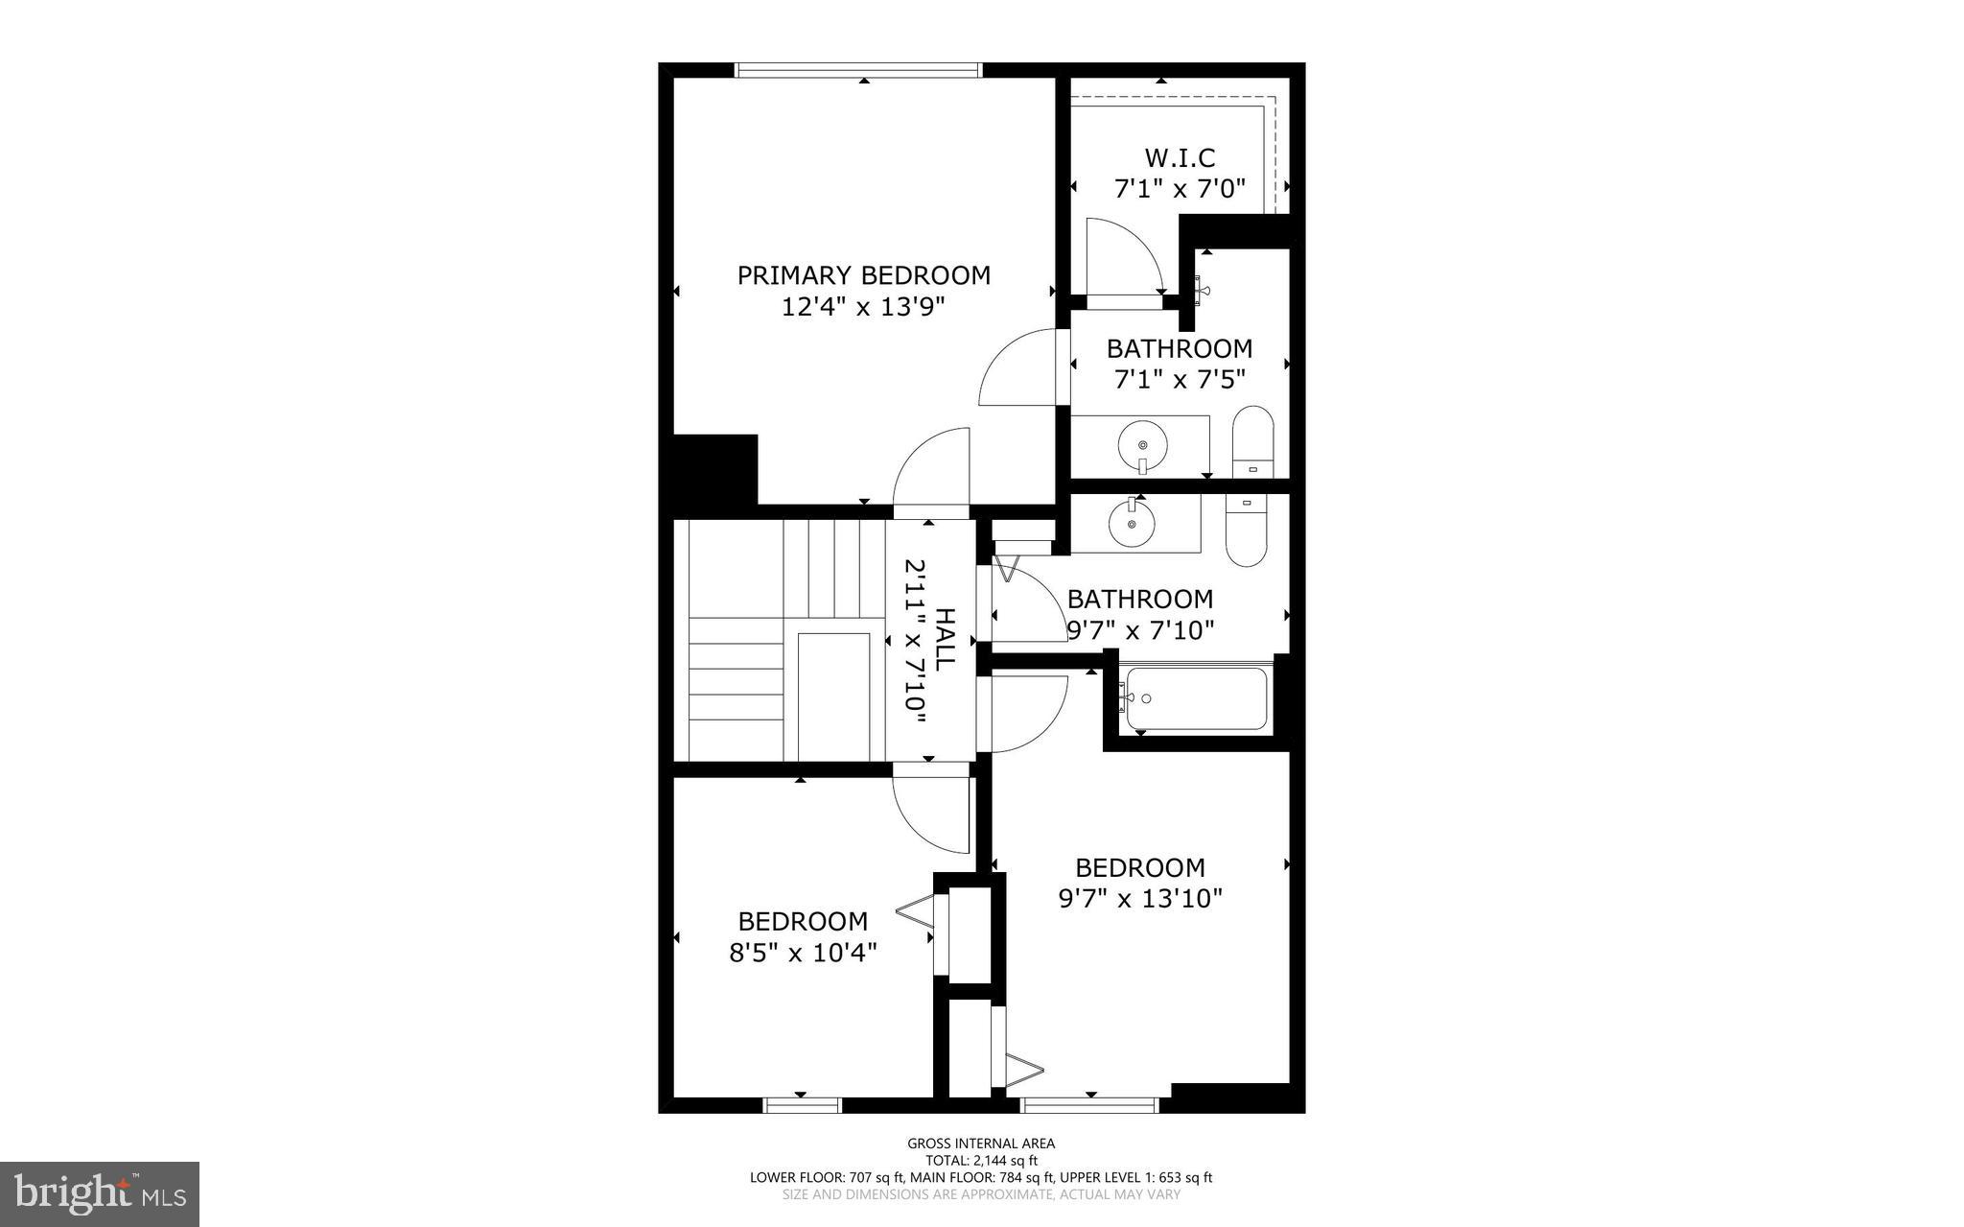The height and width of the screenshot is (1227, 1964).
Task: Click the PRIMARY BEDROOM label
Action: click(x=863, y=275)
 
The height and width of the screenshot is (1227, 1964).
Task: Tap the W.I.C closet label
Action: click(x=1180, y=157)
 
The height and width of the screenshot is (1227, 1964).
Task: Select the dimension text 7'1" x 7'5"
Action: click(x=1180, y=380)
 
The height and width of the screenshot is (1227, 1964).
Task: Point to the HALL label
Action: click(x=945, y=639)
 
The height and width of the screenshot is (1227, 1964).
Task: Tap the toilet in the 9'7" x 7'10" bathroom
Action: click(x=1246, y=531)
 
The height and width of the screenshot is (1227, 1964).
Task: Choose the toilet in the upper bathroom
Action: click(x=1252, y=442)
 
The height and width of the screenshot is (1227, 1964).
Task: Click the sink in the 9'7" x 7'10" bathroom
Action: click(x=1133, y=523)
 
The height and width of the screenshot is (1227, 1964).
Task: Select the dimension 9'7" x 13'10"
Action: click(x=1140, y=899)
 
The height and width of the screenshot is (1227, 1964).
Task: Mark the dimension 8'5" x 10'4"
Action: click(x=803, y=953)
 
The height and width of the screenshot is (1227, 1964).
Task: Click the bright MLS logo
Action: click(x=100, y=1193)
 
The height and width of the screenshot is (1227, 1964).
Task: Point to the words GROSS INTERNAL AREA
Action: click(x=981, y=1143)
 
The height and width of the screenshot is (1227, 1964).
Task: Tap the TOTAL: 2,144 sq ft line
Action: click(x=981, y=1160)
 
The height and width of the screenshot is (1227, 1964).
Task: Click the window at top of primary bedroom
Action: click(x=858, y=70)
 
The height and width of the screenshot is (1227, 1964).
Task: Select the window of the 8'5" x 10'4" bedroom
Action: click(x=803, y=1105)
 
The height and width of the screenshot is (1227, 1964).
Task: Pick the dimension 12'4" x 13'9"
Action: click(x=863, y=307)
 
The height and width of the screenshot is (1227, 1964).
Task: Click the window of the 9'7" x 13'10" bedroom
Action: click(x=1090, y=1105)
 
